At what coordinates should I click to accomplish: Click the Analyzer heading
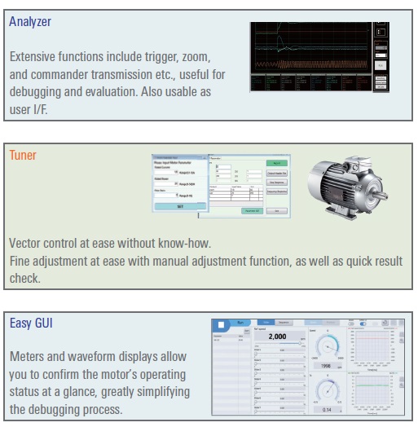[x=30, y=22]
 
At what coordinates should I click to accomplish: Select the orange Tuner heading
[x=23, y=155]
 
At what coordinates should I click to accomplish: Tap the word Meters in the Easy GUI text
[x=29, y=358]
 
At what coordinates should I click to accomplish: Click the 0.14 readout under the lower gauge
[x=328, y=409]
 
